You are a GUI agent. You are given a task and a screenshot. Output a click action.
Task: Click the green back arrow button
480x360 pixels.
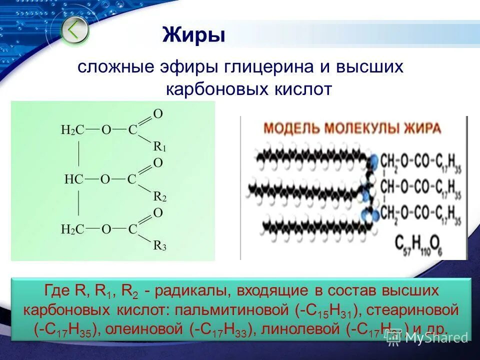[x=74, y=30]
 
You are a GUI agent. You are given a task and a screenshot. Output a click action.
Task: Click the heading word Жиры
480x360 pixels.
[x=193, y=35]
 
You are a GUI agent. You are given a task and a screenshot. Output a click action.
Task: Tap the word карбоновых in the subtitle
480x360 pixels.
[x=216, y=89]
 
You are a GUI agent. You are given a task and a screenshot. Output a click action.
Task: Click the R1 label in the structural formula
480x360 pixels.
[x=159, y=146]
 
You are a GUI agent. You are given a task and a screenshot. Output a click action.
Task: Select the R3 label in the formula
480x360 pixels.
[x=159, y=245]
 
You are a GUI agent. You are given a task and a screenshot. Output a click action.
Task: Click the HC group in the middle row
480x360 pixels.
[x=73, y=179]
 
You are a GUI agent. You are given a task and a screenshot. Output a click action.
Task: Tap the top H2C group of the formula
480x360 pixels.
[x=72, y=130]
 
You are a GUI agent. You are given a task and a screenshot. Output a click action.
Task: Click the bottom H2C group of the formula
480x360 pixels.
[x=72, y=229]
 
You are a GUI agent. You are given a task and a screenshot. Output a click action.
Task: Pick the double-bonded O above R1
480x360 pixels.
[x=157, y=114]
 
